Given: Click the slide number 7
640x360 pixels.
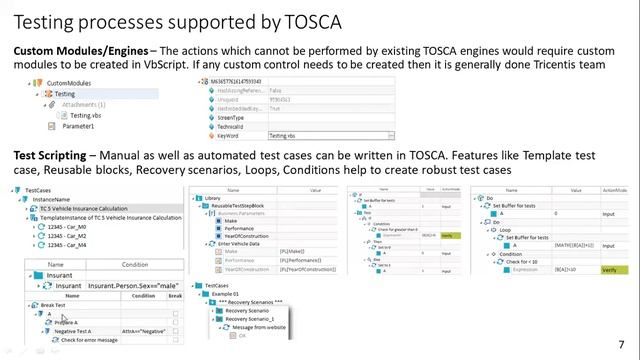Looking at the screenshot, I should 621,342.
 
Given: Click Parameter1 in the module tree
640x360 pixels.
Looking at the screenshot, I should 78,127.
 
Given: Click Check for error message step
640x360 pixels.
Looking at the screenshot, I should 89,340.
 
